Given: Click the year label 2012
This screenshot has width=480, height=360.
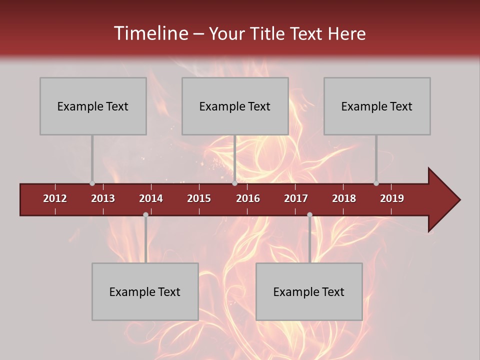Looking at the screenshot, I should (55, 198).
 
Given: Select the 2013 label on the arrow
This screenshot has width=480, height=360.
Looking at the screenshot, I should (103, 198).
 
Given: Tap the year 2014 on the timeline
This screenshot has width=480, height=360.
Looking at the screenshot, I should (151, 198).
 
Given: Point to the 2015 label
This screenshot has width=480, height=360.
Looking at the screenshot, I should (199, 198).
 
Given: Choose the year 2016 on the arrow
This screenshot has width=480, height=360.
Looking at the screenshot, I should (248, 198).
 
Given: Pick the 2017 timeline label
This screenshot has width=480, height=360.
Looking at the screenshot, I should (296, 198).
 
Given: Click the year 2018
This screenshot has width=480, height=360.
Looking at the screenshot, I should (344, 198).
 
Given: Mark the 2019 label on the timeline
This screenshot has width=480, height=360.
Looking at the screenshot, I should (392, 198).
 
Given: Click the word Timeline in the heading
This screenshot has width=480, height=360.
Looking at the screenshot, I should (150, 33).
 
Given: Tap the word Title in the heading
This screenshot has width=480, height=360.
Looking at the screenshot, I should (268, 33).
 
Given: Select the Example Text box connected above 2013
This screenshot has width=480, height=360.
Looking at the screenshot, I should (93, 106).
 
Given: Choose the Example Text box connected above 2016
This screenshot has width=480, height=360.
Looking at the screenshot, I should (235, 106).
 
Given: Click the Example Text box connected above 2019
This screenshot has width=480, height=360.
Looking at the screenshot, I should (377, 106).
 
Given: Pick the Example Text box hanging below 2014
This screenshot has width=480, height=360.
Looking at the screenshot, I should (145, 291).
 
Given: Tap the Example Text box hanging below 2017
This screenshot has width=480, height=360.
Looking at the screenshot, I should (309, 291).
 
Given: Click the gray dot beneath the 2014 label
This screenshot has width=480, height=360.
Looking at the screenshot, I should (145, 215).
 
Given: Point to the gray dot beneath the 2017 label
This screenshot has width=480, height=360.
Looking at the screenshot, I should (309, 215).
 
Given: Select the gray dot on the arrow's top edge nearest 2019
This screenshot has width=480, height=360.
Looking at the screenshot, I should (376, 183).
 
